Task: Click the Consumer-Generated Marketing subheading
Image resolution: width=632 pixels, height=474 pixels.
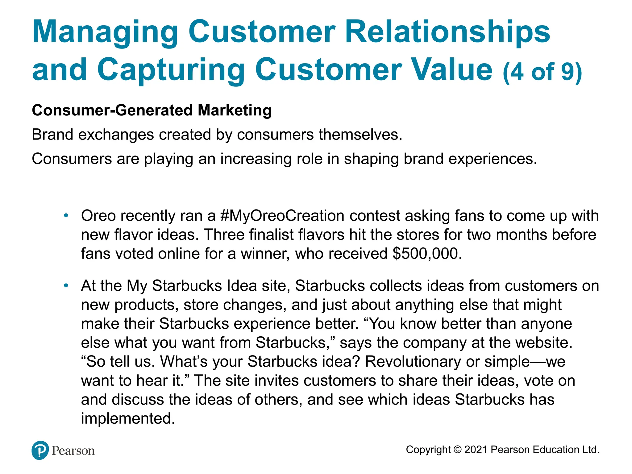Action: click(152, 110)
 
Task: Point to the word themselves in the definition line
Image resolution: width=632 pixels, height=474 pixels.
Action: click(360, 135)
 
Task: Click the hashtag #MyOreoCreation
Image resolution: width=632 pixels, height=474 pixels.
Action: click(282, 216)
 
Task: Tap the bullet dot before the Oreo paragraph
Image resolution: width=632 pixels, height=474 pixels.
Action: click(66, 215)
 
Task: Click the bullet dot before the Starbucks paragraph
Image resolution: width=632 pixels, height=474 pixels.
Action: click(66, 285)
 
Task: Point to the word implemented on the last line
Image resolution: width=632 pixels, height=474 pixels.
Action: click(128, 418)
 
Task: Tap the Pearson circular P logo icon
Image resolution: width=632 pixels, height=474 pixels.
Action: click(40, 450)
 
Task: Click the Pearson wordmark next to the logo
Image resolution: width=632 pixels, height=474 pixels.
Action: click(73, 451)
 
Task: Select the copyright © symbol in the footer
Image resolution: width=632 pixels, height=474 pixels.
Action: click(458, 450)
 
